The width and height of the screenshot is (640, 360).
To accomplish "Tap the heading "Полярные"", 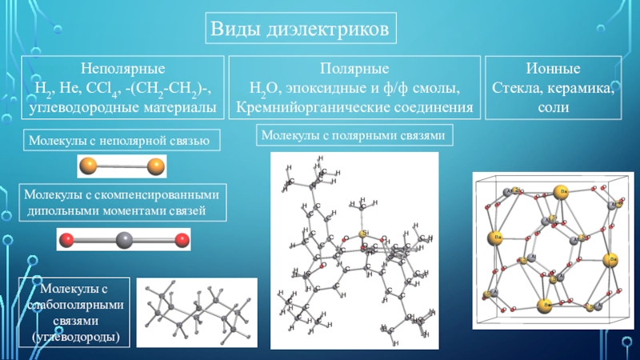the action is click(354, 70).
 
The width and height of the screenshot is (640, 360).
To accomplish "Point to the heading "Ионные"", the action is click(554, 70).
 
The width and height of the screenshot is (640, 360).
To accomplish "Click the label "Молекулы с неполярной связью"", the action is click(119, 140).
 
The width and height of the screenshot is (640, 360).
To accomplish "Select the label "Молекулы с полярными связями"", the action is click(354, 136).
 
